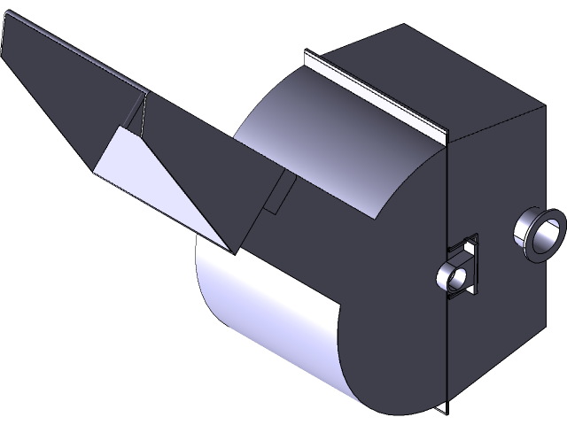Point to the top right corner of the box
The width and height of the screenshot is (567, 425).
(540, 107)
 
